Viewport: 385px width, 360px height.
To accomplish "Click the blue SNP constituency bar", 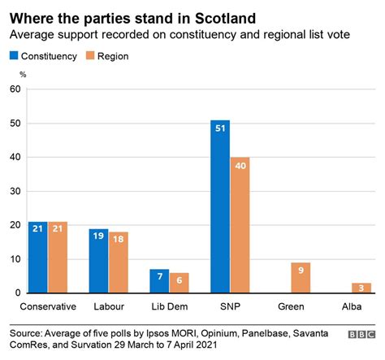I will click(x=219, y=206).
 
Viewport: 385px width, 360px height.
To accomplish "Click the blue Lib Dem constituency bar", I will click(x=159, y=281).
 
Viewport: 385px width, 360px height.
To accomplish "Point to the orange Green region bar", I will click(x=301, y=278).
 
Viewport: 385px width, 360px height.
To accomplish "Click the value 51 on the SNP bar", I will click(x=219, y=129).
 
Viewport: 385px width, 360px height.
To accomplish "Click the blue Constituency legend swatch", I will click(x=14, y=56).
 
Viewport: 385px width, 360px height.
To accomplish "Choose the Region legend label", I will click(x=113, y=56).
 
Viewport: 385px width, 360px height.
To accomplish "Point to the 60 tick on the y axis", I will click(x=15, y=89).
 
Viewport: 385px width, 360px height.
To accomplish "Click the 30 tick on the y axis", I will click(x=15, y=191).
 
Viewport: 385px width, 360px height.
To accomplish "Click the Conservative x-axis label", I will click(x=47, y=306).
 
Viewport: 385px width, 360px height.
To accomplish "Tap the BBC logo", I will click(x=362, y=333).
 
